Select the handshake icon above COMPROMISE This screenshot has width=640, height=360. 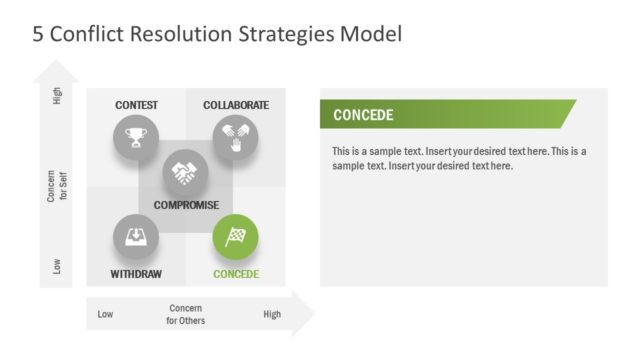(x=185, y=173)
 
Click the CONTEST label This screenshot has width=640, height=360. (x=136, y=105)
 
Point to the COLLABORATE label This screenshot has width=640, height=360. (x=236, y=105)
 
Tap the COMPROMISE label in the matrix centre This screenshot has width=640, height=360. (x=186, y=205)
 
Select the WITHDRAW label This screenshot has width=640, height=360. (x=136, y=274)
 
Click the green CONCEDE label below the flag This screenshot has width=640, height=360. (x=236, y=274)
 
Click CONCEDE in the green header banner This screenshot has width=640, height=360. (x=363, y=115)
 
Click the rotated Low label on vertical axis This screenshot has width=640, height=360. (x=56, y=266)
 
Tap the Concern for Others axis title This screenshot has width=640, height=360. (x=186, y=314)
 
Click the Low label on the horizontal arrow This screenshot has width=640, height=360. (x=105, y=314)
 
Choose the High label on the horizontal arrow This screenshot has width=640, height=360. (x=272, y=314)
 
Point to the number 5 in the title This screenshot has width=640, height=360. (x=38, y=35)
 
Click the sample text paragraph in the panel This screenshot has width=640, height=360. (x=459, y=158)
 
